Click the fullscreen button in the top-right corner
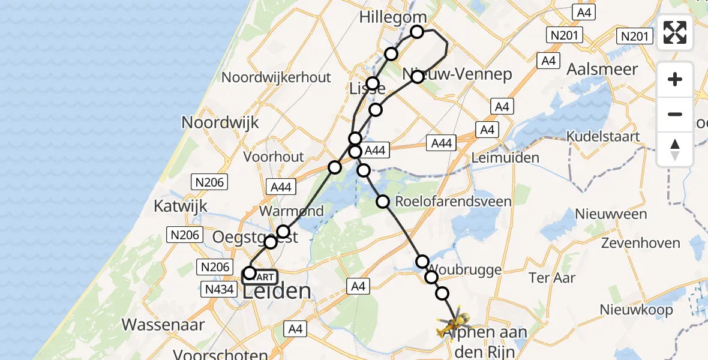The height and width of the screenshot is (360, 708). [675, 32]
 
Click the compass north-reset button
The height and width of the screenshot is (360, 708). [675, 149]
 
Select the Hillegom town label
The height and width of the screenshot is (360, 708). [393, 17]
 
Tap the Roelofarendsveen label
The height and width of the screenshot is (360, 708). [454, 201]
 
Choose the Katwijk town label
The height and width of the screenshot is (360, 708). [180, 206]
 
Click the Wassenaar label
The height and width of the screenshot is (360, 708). [163, 325]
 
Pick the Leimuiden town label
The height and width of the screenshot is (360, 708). [505, 158]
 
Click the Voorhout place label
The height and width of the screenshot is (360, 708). [274, 157]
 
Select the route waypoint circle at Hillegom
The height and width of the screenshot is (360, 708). [417, 32]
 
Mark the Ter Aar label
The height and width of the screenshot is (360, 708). [552, 277]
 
